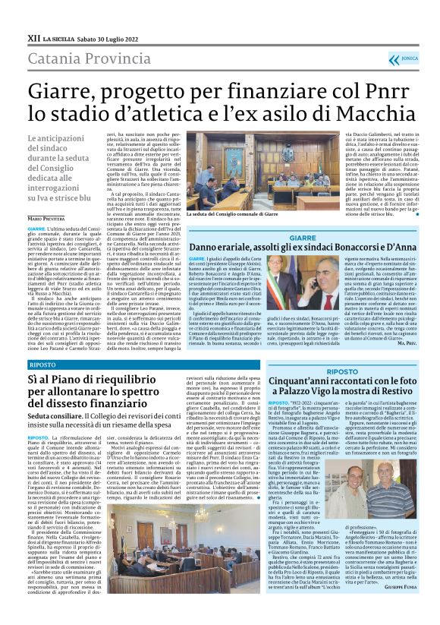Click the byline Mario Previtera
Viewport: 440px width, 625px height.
click(x=47, y=218)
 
